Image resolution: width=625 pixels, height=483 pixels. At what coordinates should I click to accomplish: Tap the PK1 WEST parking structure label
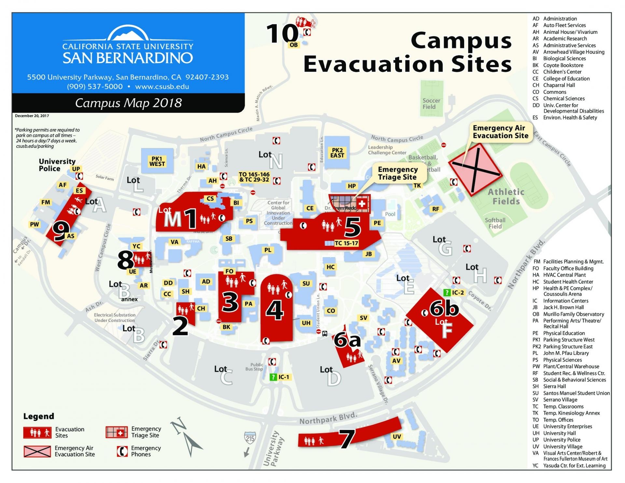tap(157, 161)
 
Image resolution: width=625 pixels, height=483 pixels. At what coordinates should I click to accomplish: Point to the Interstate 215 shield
tap(250, 438)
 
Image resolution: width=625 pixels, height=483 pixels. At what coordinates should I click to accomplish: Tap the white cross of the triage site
tap(362, 204)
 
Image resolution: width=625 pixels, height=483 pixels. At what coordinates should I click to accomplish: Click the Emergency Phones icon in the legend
tap(122, 451)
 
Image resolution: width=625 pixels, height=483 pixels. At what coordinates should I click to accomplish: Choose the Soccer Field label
tap(431, 103)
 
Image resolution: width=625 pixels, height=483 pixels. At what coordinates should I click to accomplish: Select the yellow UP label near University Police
tap(76, 169)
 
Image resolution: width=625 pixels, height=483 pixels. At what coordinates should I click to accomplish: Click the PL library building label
tap(268, 250)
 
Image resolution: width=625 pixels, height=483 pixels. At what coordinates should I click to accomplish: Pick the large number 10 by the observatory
tap(282, 34)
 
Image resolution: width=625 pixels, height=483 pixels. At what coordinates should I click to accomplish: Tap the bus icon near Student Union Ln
tap(325, 334)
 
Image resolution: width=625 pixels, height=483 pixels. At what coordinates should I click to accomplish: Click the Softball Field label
tap(495, 223)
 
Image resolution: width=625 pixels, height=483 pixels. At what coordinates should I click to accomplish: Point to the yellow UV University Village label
tap(396, 436)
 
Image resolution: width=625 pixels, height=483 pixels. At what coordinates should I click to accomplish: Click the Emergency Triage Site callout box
tap(397, 173)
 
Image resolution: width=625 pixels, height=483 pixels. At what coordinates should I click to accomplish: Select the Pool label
tap(390, 214)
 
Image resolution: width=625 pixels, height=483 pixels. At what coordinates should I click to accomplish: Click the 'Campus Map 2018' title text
tap(128, 103)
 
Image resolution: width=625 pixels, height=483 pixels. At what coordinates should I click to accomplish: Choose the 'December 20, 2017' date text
tap(32, 116)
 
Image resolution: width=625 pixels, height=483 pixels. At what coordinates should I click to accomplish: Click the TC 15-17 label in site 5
tap(346, 243)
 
